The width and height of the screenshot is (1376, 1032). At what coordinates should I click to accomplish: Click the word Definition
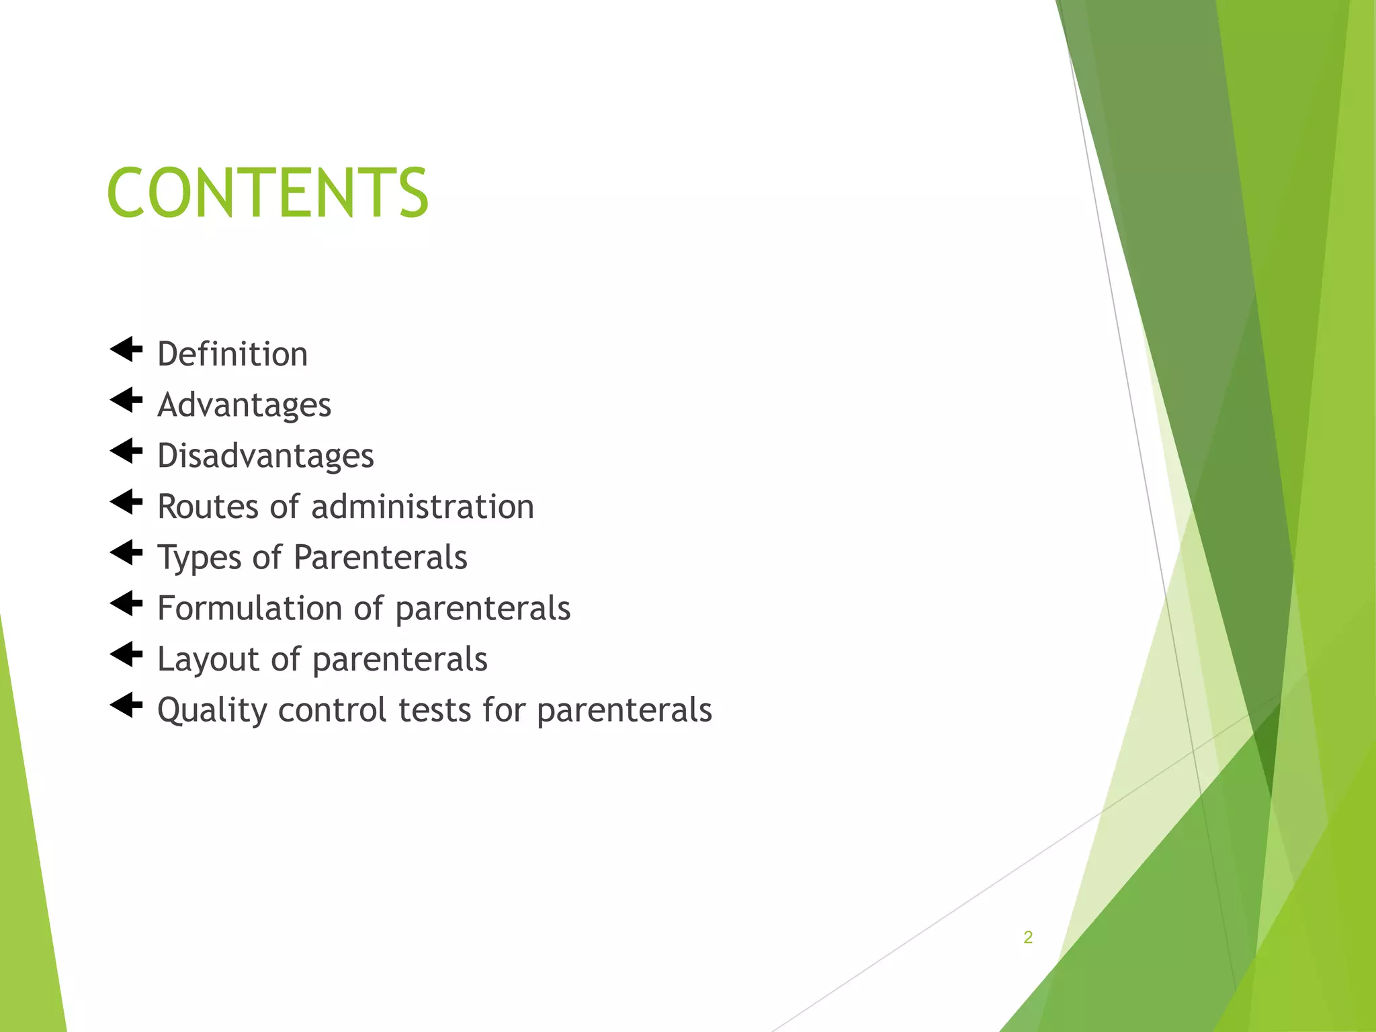click(232, 354)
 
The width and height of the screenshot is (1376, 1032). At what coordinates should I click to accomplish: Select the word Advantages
click(245, 405)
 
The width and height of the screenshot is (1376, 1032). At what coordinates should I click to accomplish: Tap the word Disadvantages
click(265, 456)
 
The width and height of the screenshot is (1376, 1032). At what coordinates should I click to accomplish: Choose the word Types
click(199, 558)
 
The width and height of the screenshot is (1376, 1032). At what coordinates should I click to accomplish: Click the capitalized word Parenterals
click(380, 558)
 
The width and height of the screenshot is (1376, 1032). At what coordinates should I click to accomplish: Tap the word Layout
click(208, 659)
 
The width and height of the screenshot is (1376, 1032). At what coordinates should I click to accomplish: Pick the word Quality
click(212, 710)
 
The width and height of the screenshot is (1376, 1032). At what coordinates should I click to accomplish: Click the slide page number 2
click(1028, 937)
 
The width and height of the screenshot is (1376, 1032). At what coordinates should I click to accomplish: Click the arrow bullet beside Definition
click(126, 349)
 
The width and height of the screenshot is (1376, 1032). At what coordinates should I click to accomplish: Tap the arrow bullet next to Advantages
click(126, 400)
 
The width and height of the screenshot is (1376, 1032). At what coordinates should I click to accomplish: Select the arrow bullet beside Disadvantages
click(126, 451)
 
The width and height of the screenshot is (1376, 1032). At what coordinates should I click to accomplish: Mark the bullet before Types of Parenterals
click(126, 553)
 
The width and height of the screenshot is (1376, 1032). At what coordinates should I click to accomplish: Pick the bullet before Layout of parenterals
click(126, 654)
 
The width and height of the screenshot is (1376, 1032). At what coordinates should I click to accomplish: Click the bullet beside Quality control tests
click(126, 705)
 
